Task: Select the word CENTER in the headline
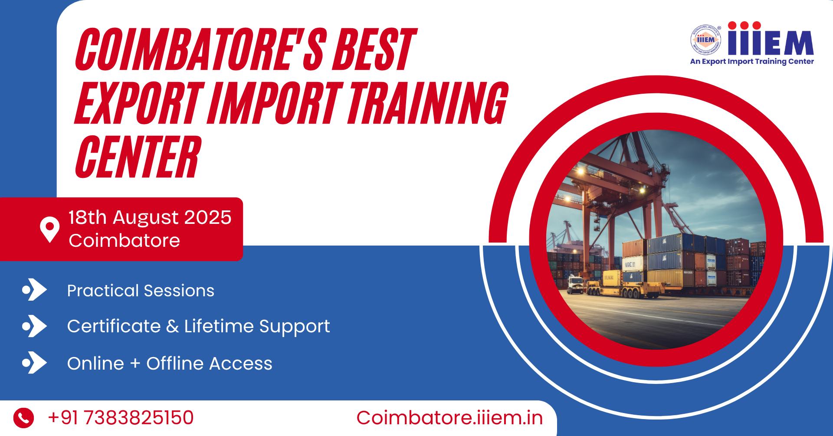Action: (x=138, y=157)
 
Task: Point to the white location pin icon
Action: (x=49, y=229)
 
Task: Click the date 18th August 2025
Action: (x=150, y=217)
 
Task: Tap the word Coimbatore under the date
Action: (x=124, y=240)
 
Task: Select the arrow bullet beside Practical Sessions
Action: (x=34, y=290)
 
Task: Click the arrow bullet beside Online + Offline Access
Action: (x=34, y=363)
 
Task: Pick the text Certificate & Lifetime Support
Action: (x=198, y=326)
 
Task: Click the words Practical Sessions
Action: (x=141, y=291)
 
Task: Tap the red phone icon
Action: (x=23, y=418)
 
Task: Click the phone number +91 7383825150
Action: (x=121, y=418)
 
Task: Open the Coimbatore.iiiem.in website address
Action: (x=449, y=418)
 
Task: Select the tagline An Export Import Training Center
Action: (x=752, y=62)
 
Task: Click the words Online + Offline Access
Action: (x=170, y=364)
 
